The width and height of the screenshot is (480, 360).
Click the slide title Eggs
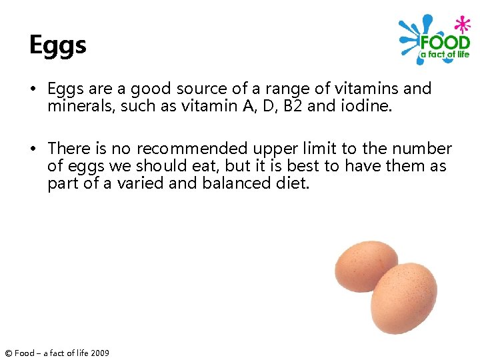tap(57, 45)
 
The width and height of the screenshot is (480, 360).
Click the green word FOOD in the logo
tap(445, 43)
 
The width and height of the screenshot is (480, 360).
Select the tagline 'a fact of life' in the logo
tap(445, 55)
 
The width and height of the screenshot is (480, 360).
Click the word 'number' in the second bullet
tap(423, 149)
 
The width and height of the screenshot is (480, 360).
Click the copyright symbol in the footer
tap(7, 353)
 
